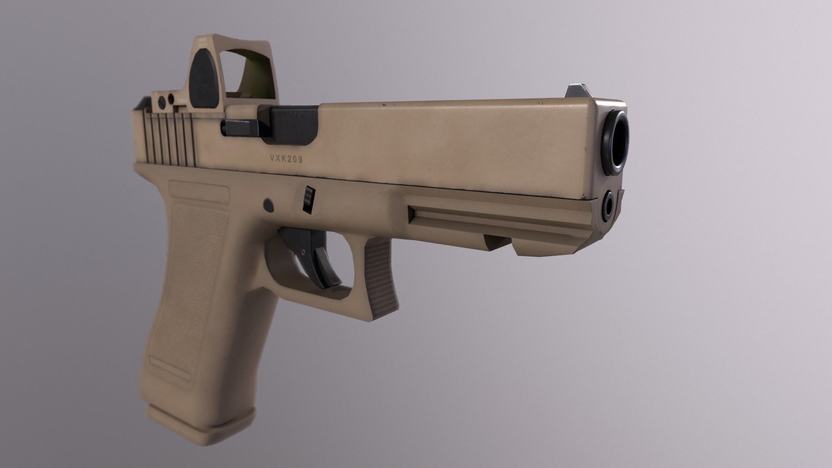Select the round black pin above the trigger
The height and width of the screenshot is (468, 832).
[x=269, y=203]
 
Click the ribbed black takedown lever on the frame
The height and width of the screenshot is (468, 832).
[x=308, y=199]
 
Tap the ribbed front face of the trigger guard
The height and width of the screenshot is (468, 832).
[x=381, y=277]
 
